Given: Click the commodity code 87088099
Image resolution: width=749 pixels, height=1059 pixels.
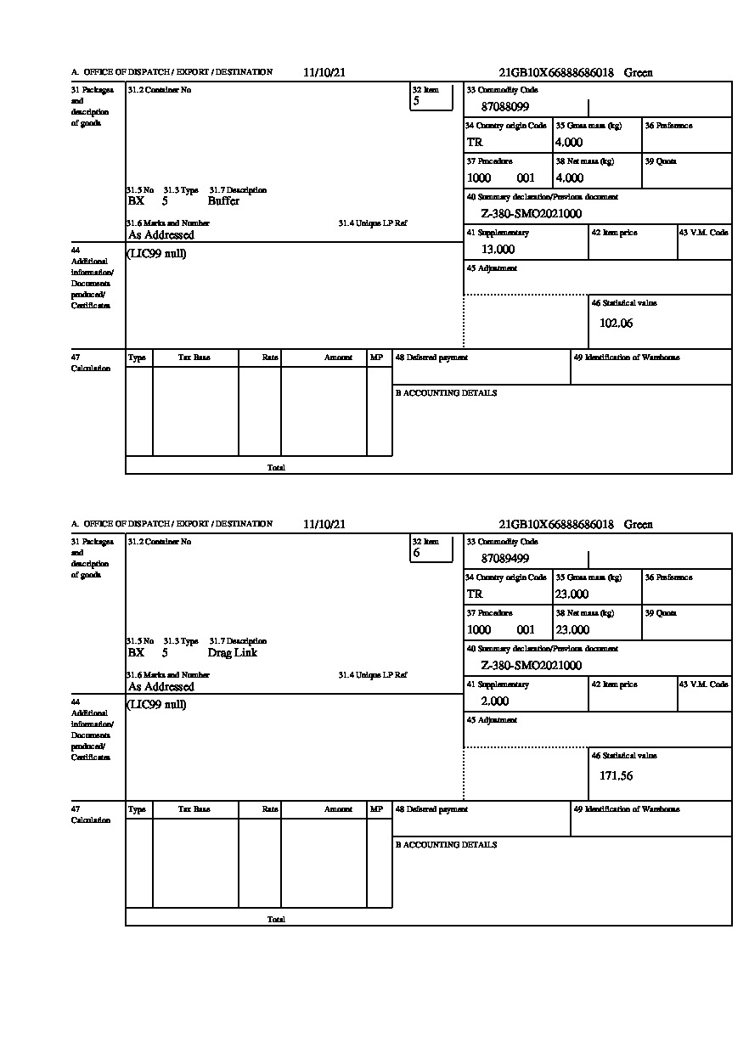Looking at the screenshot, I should tap(505, 107).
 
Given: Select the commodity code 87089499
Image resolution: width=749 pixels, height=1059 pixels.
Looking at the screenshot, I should tap(505, 559).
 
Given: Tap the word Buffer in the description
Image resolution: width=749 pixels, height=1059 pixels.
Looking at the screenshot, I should tap(223, 201).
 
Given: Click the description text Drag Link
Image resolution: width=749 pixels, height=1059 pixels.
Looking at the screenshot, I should tap(232, 653).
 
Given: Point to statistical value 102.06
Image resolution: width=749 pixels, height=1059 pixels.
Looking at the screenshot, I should tap(616, 324).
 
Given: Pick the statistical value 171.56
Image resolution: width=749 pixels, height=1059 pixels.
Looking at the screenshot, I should tap(616, 775).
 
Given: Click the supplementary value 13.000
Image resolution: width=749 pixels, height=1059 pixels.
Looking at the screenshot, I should tap(498, 250).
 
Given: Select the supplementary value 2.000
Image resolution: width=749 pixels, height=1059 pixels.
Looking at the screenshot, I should tap(494, 701).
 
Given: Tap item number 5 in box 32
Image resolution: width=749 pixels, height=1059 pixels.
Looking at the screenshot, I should tap(416, 101).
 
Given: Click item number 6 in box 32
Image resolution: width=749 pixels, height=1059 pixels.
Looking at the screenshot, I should tap(416, 553).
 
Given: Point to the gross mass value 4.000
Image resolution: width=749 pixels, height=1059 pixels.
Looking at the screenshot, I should tap(569, 143).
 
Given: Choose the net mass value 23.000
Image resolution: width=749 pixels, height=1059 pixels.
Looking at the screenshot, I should tap(572, 630).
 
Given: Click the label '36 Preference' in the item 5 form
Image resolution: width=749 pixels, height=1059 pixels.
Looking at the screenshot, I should tap(668, 126).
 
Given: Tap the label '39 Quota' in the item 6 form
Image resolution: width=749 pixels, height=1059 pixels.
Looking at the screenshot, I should tap(661, 613).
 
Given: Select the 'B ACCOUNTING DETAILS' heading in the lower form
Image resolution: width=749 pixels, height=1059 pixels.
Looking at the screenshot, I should tap(446, 845).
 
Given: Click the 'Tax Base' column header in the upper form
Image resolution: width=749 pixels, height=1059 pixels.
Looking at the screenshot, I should tap(194, 358).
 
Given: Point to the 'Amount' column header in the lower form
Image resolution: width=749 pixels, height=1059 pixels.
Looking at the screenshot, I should tap(338, 810).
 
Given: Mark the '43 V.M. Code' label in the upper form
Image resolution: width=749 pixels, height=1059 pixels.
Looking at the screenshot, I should tap(703, 233).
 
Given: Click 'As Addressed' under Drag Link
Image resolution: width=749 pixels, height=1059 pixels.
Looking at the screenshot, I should tap(160, 687).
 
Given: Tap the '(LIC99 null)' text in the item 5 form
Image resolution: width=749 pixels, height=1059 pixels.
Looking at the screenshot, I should tap(156, 254).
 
